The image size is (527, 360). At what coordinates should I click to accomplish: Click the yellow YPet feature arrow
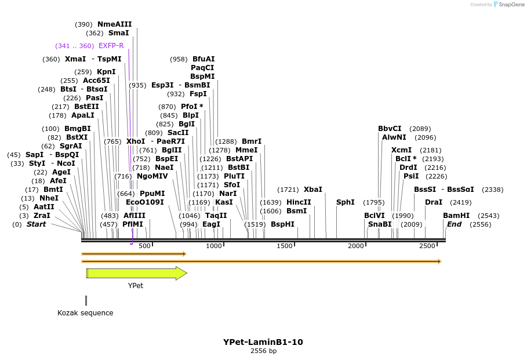[136, 273]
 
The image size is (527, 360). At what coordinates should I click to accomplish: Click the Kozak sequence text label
[85, 313]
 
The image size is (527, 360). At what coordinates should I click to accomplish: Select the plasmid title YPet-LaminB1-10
[263, 342]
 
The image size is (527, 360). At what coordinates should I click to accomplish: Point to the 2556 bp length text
[263, 351]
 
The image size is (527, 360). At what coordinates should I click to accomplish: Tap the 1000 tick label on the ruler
[214, 246]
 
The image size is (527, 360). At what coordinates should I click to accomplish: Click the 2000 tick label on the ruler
[355, 246]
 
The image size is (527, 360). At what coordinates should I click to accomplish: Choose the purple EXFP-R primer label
[111, 46]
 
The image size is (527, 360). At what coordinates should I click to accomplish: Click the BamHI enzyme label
[456, 216]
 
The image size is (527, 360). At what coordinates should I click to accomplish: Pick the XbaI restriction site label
[313, 190]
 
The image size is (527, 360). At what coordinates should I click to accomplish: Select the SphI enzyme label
[345, 202]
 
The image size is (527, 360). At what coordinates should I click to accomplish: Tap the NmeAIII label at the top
[114, 24]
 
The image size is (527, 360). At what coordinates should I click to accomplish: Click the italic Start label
[36, 224]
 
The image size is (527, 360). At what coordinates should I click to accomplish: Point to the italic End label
[454, 224]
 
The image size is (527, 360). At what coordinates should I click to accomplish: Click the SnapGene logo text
[512, 5]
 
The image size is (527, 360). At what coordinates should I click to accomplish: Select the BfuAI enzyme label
[203, 59]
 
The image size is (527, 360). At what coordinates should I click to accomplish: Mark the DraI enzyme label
[433, 202]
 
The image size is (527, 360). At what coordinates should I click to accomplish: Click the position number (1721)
[288, 190]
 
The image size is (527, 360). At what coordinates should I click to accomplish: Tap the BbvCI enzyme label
[390, 129]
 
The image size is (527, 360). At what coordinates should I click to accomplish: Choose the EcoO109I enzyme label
[144, 202]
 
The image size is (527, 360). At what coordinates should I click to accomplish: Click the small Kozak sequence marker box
[86, 300]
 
